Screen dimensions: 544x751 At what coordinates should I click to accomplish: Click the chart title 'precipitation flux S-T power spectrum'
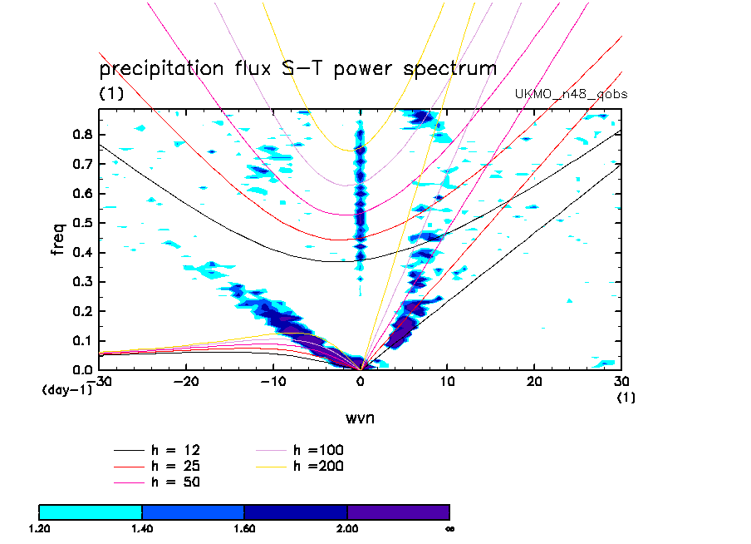pos(297,68)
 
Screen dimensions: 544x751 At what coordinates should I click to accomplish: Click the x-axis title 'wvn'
pos(360,417)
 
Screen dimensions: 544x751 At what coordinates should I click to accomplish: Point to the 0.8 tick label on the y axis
pos(80,135)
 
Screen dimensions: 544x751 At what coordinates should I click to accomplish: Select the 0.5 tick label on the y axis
pos(80,223)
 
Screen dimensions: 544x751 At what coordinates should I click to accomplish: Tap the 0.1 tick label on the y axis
pos(80,340)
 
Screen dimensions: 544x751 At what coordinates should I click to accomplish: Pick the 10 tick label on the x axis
pos(448,381)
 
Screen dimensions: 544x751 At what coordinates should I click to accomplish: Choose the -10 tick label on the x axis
pos(272,381)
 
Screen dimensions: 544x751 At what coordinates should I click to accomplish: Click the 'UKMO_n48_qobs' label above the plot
pos(572,94)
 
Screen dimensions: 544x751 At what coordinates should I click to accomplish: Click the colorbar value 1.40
pos(142,528)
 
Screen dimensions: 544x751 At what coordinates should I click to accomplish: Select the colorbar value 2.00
pos(347,528)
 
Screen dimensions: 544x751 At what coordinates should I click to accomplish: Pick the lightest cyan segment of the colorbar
pos(91,512)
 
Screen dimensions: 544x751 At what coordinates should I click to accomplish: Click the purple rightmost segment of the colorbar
pos(398,512)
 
